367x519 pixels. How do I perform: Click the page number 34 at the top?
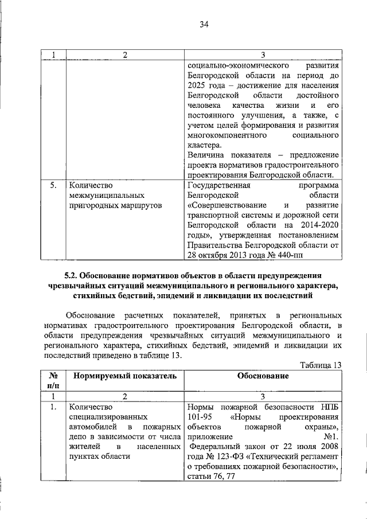pos(204,24)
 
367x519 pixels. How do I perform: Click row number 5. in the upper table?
pos(53,185)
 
